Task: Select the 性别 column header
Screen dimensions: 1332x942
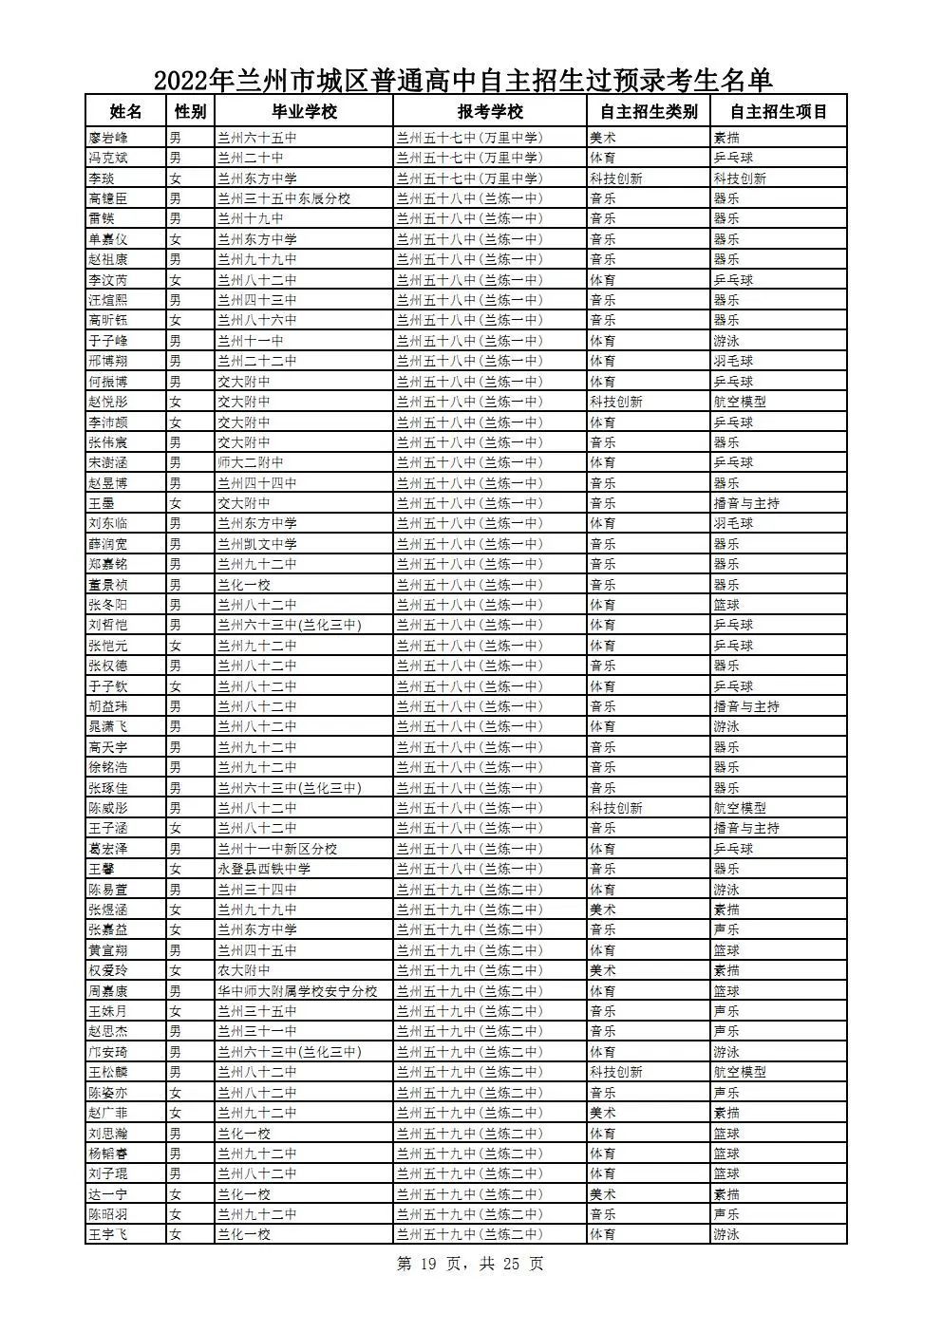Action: (190, 112)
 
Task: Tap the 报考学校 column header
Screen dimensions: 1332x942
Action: (490, 112)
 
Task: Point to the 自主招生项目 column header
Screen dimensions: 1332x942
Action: (779, 112)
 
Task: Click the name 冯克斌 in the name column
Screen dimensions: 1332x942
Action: (107, 158)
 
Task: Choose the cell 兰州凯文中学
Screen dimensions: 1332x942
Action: (257, 544)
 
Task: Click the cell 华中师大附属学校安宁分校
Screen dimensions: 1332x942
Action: (297, 991)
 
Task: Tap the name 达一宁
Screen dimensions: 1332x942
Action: (107, 1194)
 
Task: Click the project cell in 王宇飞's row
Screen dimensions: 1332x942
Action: (726, 1235)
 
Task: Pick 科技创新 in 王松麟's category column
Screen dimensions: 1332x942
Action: (615, 1072)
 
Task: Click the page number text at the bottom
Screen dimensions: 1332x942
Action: (470, 1265)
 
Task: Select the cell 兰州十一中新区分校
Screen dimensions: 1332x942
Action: (277, 849)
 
